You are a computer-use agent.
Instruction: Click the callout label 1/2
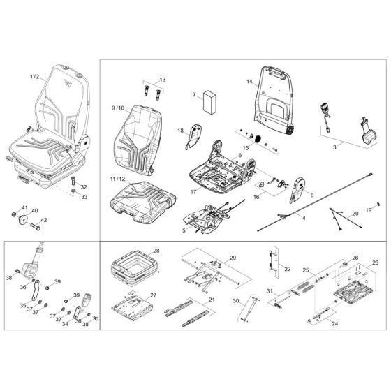35,76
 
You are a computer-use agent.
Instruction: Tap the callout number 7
195,95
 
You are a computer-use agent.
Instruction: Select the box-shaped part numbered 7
209,102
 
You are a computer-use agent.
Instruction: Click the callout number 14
250,81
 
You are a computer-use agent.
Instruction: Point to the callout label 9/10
118,108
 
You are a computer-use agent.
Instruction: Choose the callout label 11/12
118,179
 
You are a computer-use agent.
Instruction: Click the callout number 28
156,251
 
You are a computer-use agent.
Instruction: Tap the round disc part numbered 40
23,220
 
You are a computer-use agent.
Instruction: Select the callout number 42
43,220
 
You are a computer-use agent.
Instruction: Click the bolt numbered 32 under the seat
73,181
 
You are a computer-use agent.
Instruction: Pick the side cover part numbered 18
194,137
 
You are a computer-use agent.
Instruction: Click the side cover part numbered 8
297,190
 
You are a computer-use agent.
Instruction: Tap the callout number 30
236,301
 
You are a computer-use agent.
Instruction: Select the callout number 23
376,263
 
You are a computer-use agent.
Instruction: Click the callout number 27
154,295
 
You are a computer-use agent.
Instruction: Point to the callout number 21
212,300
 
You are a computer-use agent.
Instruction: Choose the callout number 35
23,306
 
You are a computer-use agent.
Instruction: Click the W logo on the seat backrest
68,83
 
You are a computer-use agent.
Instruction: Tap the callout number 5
184,230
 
